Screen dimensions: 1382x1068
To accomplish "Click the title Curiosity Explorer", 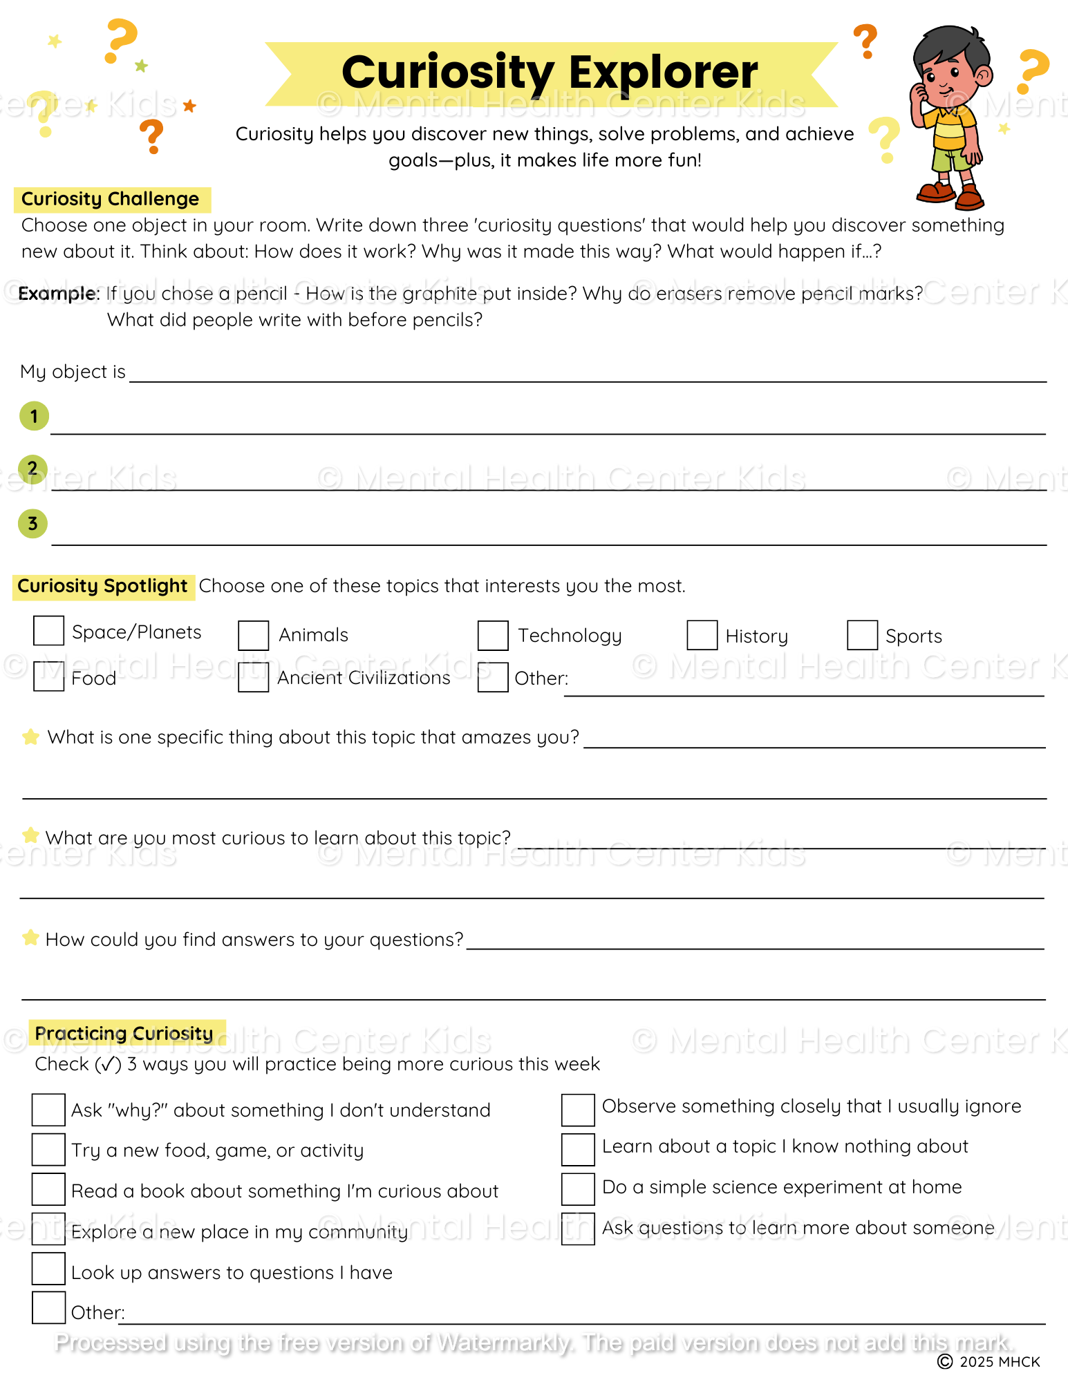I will [550, 73].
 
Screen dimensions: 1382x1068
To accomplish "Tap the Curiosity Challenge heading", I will [111, 199].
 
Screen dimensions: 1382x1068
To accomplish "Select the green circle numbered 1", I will [34, 416].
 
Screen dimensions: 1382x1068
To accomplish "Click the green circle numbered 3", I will [32, 524].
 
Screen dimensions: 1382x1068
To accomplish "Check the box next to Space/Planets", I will [49, 631].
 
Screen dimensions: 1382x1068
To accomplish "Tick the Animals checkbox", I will [254, 635].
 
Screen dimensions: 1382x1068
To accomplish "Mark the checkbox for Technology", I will [493, 635].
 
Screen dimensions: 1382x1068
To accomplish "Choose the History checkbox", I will [702, 635].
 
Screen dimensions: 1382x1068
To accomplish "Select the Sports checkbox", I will [862, 635].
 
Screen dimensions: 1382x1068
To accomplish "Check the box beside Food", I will [49, 676].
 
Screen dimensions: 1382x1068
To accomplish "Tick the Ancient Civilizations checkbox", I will [254, 677].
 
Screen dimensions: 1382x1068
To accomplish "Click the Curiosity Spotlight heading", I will [102, 586].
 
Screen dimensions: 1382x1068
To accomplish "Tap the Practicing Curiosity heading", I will [124, 1033].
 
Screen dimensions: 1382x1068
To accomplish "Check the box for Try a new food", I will [48, 1150].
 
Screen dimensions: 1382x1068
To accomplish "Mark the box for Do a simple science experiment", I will [578, 1189].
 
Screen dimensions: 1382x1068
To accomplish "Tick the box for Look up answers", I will [48, 1269].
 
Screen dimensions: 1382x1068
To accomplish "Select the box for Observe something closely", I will [578, 1109].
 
